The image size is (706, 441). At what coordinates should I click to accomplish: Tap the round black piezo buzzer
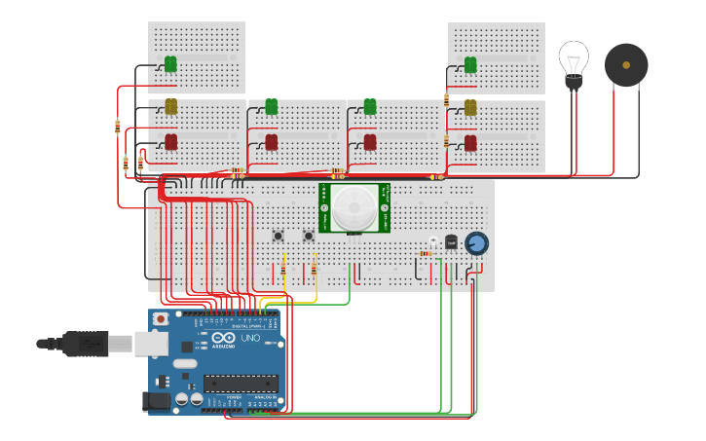click(625, 64)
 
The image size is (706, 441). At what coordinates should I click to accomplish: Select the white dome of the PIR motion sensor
click(353, 206)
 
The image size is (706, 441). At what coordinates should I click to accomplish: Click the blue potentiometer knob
click(476, 242)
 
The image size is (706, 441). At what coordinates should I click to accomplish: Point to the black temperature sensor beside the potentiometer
click(451, 241)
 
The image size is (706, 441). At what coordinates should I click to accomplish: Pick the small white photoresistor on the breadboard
click(433, 241)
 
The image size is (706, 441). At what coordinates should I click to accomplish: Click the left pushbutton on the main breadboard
click(278, 236)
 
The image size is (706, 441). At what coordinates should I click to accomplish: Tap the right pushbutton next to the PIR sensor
click(309, 236)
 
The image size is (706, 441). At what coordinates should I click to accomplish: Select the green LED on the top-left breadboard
click(170, 64)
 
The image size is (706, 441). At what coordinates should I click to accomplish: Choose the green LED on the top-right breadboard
click(470, 65)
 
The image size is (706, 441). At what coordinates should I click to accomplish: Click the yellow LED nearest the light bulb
click(470, 107)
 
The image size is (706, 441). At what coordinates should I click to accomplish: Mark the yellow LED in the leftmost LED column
click(170, 105)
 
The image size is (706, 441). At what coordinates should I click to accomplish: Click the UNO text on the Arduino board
click(252, 338)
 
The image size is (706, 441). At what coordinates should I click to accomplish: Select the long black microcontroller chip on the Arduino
click(241, 384)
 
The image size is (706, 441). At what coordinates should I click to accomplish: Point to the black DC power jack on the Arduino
click(156, 399)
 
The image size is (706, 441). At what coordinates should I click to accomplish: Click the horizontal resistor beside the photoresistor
click(426, 254)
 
